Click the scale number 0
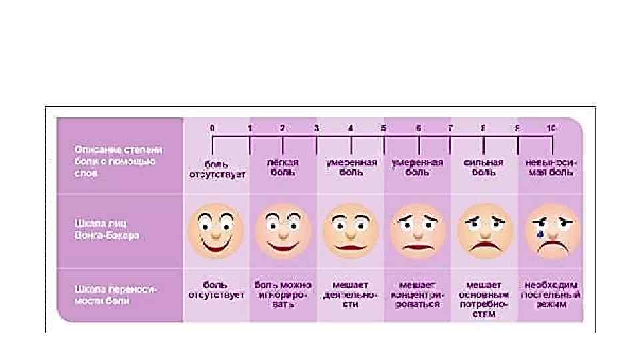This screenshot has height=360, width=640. tap(212, 127)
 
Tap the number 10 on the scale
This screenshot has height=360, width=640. tap(551, 127)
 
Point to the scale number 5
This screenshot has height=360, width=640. tap(383, 127)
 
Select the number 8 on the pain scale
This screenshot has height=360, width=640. tap(484, 127)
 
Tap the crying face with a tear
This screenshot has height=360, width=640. tap(551, 231)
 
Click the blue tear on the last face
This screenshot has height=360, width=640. tap(538, 235)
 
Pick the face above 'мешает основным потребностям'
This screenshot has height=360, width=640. tap(484, 231)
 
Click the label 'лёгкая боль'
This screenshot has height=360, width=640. tap(283, 167)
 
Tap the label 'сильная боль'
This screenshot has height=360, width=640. tap(484, 167)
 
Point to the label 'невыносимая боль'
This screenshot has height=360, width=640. tap(551, 167)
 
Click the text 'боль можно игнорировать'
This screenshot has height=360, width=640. tap(283, 294)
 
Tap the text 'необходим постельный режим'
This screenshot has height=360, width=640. tap(551, 294)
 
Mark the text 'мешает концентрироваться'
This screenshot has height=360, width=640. tap(417, 294)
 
